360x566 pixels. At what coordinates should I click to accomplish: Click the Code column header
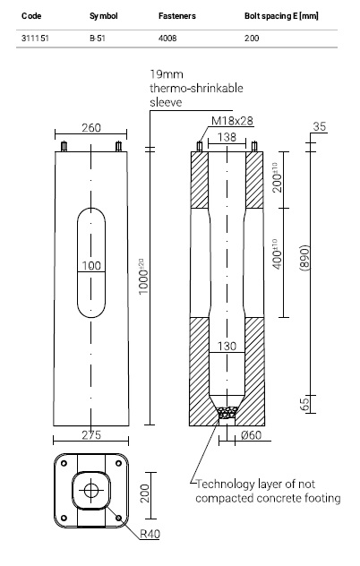coord(31,16)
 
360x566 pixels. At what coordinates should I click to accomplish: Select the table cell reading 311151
coord(35,39)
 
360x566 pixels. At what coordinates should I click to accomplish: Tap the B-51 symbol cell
coord(98,39)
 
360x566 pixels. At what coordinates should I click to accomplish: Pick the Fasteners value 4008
coord(167,39)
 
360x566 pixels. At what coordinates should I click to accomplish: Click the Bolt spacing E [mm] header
coord(281,16)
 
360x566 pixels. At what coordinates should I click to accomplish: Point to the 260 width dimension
coord(91,128)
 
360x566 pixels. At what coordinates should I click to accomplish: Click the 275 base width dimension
coord(91,435)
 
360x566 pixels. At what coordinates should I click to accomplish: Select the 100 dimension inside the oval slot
coord(91,266)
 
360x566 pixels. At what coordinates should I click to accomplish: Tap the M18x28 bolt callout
coord(232,121)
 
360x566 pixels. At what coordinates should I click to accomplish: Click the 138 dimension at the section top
coord(227,137)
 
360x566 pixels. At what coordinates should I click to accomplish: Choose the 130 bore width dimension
coord(227,347)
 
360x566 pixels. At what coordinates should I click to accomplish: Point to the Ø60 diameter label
coord(251,435)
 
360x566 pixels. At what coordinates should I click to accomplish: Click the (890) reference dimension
coord(304,258)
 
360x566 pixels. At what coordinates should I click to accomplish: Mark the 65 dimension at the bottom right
coord(304,404)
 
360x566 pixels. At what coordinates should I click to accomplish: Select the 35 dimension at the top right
coord(320,126)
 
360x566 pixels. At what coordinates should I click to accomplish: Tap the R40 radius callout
coord(150,534)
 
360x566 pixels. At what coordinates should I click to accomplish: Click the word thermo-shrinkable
coord(196,89)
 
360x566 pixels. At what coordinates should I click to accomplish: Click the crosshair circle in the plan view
coord(91,490)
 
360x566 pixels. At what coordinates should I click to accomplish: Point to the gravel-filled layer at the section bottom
coord(227,412)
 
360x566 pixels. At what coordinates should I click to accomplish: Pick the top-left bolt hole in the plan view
coord(64,463)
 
